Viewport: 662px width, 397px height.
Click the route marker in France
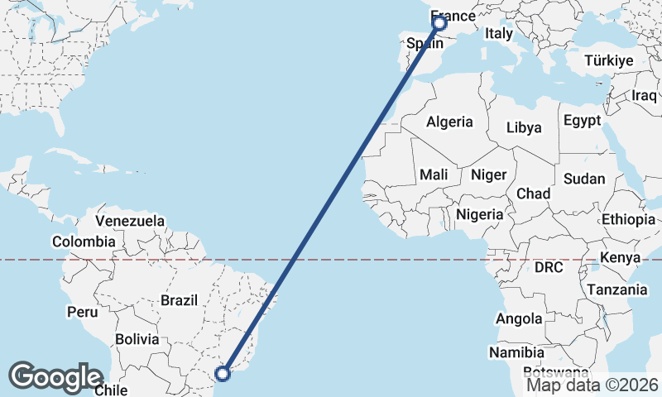439,24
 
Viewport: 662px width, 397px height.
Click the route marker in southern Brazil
223,374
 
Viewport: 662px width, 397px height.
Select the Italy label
499,34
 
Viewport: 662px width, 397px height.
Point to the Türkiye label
608,61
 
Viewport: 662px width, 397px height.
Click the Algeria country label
449,122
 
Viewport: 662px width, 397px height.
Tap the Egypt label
582,121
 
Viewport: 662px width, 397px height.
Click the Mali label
434,175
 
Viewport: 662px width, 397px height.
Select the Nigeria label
480,214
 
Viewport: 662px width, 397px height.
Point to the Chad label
533,193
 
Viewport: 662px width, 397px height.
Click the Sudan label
583,179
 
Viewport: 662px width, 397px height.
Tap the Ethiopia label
628,219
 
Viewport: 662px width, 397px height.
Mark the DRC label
548,268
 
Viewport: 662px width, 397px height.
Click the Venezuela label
130,221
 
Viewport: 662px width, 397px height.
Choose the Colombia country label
84,242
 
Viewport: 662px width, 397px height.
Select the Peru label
82,312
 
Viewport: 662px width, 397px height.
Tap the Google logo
55,377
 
